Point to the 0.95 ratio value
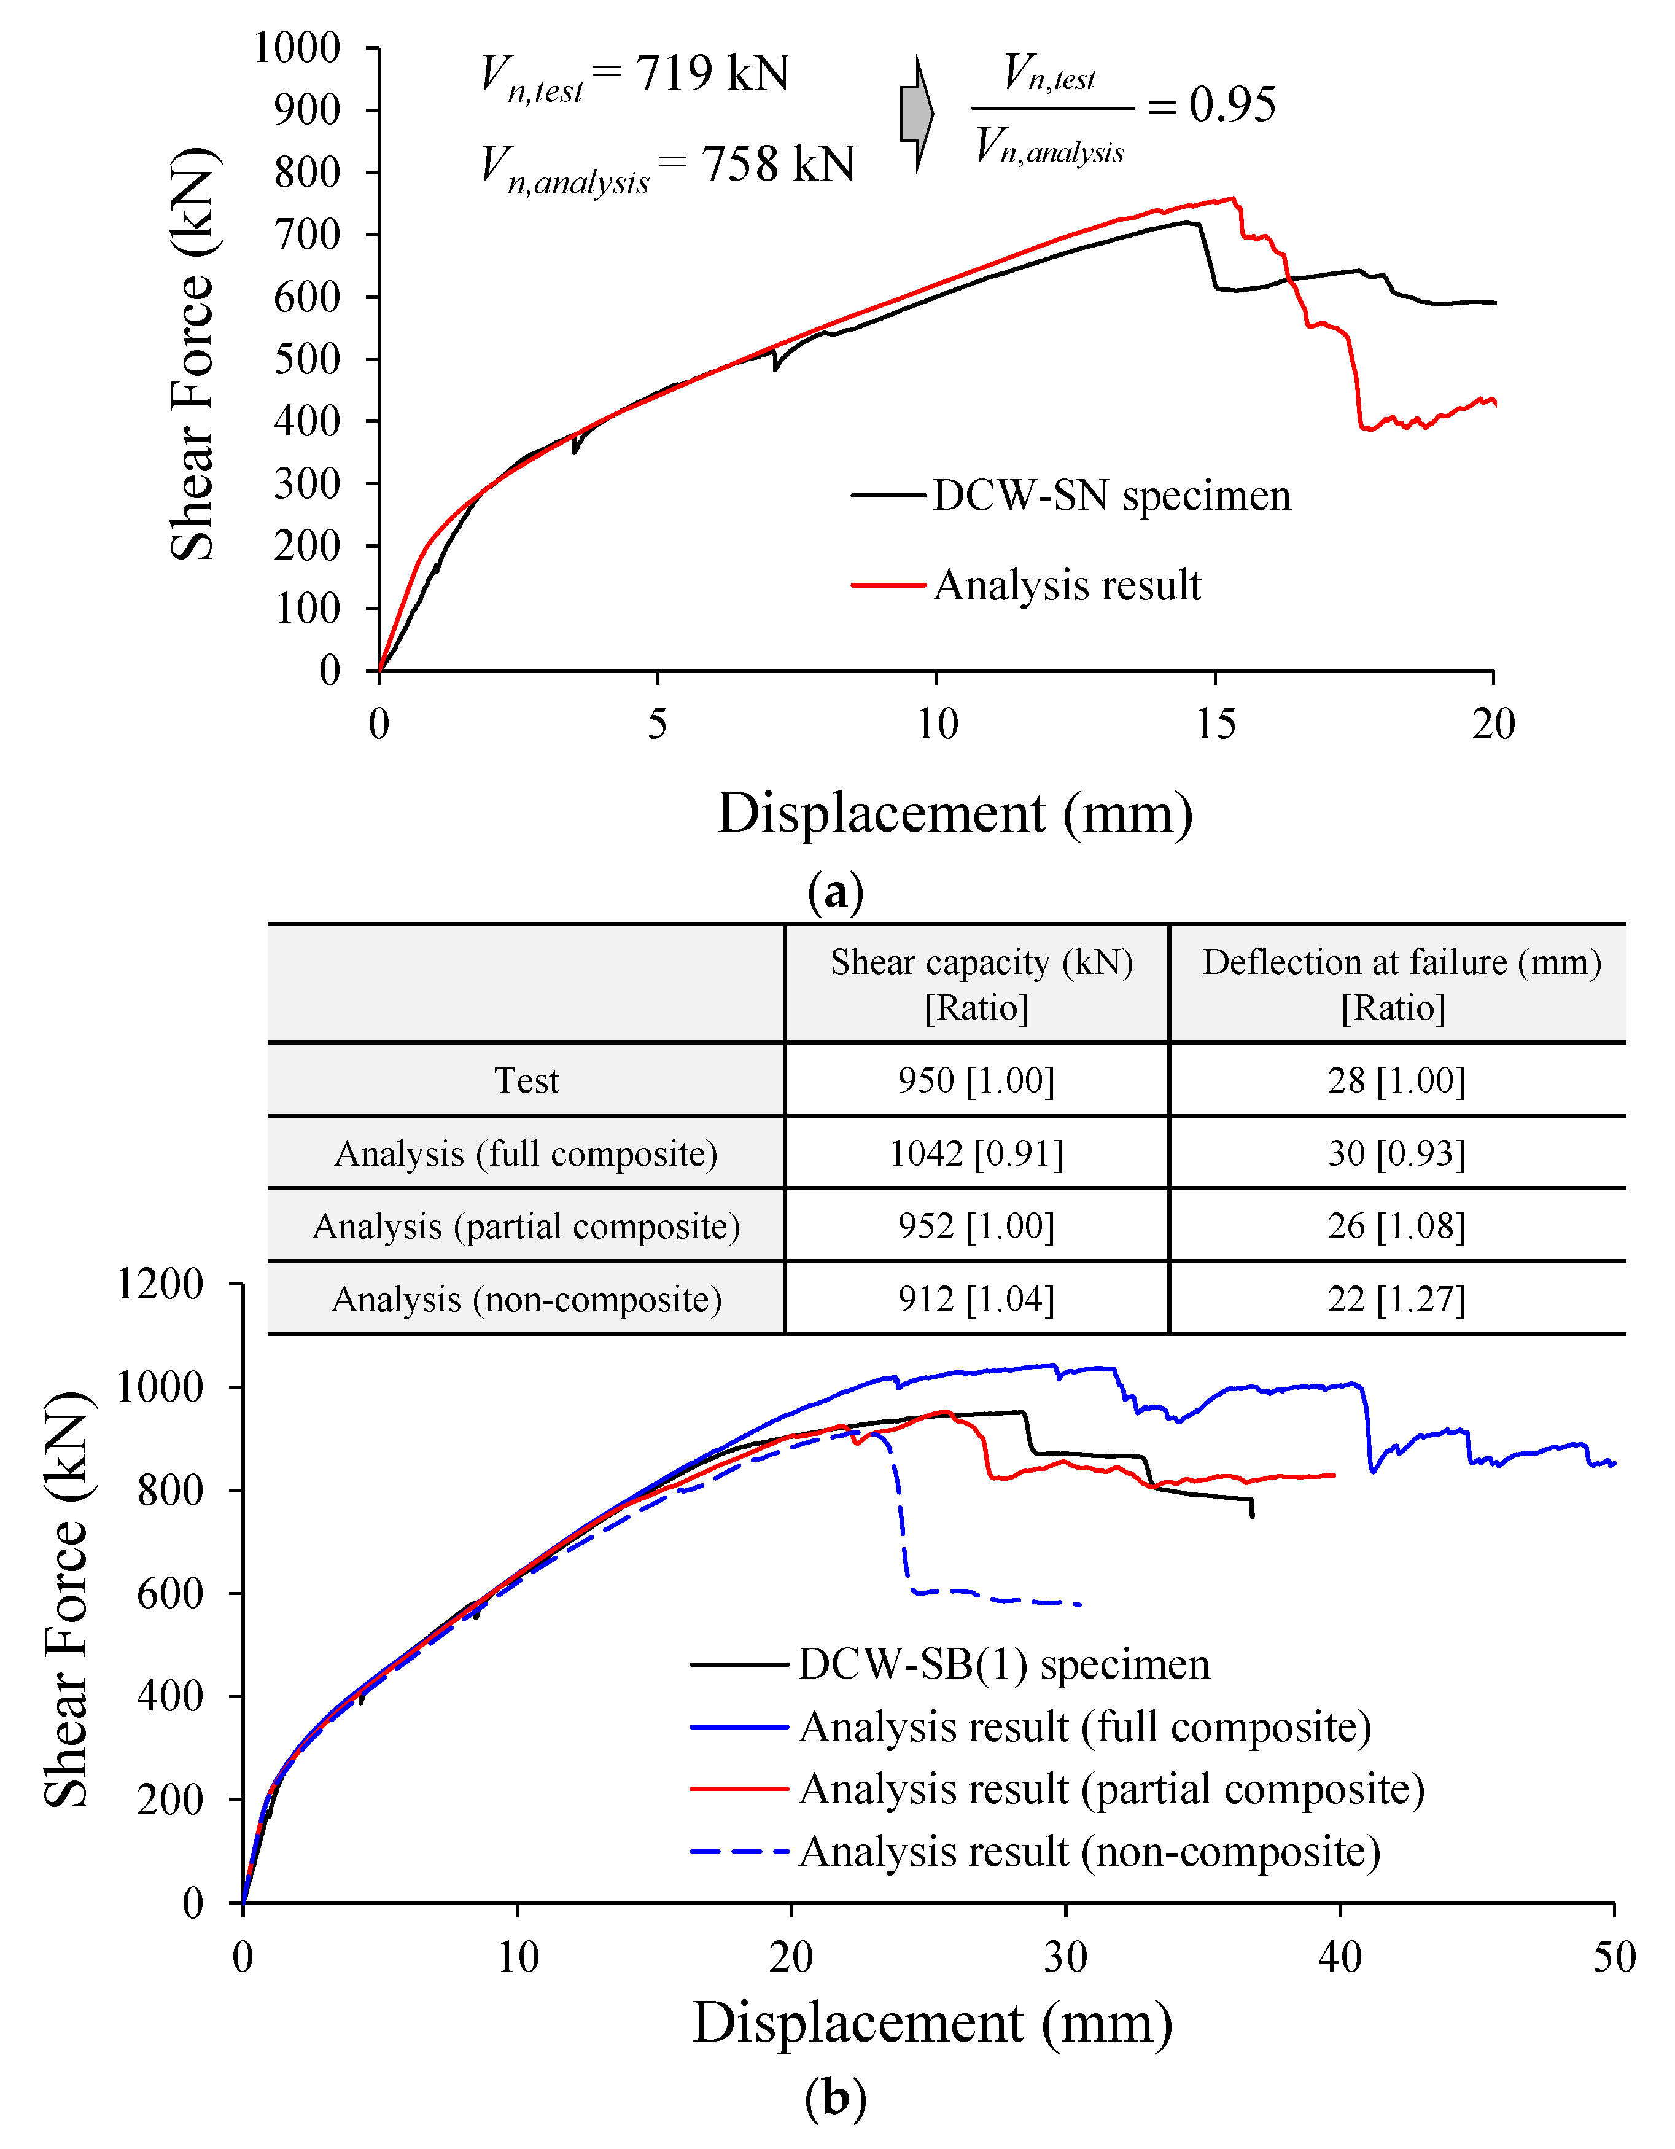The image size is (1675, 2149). pos(1232,105)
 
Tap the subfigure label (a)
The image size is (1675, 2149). pos(835,892)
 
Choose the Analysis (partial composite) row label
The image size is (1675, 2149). pos(526,1226)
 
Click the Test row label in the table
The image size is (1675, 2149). pos(526,1080)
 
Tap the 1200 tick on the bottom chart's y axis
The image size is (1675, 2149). pos(160,1284)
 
